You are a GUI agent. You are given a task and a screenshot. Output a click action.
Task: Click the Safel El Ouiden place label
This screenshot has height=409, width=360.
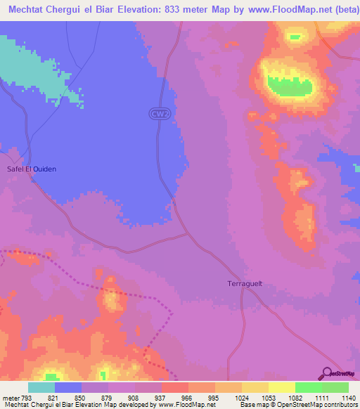coord(31,169)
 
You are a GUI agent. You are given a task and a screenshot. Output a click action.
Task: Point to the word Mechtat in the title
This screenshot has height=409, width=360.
coord(27,10)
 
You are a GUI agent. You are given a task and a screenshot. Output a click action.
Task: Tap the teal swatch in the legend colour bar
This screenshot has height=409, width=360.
coord(41,387)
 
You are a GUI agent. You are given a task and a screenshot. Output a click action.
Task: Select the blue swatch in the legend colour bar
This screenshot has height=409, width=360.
coord(68,387)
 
